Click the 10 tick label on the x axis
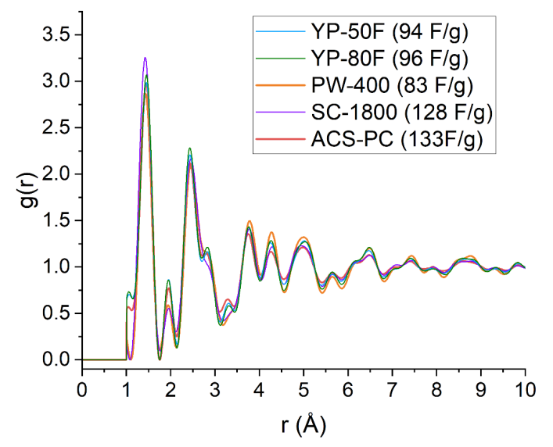[525, 388]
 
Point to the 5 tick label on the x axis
[303, 388]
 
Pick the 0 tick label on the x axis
[82, 388]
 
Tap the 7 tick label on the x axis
[392, 388]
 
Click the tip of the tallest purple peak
[145, 58]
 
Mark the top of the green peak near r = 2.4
[189, 148]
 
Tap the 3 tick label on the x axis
[215, 388]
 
